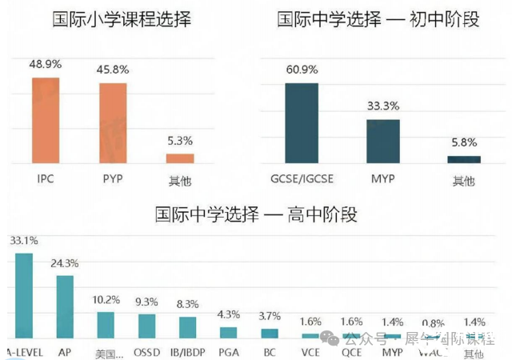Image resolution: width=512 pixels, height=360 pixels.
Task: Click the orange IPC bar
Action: (x=46, y=120)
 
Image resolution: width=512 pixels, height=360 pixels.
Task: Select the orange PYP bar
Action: (x=113, y=123)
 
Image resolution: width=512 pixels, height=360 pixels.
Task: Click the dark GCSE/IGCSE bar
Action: (x=302, y=123)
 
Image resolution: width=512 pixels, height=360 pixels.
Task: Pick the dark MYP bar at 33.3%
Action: (x=383, y=142)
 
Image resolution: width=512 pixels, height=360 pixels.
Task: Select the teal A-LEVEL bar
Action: (x=24, y=295)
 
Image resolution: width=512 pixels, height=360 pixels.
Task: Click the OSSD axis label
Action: (x=146, y=351)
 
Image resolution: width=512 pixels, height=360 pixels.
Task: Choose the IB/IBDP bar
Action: (x=187, y=327)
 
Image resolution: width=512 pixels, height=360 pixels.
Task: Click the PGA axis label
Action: (x=228, y=351)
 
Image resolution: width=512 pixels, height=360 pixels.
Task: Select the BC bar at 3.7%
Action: (x=270, y=333)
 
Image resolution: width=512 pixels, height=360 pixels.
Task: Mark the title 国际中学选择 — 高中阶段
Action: (x=256, y=214)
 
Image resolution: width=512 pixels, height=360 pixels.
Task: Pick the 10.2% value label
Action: (x=106, y=300)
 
